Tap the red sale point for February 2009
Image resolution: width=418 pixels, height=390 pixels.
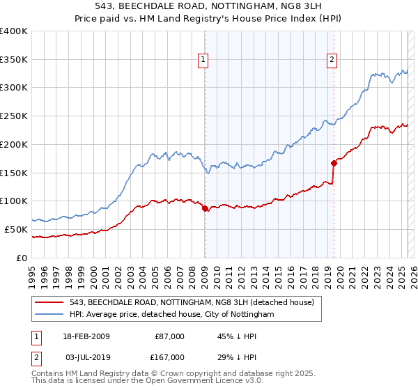coord(205,208)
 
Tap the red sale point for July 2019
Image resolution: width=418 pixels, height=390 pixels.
coord(334,163)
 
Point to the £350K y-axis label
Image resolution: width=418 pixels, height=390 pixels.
coord(14,60)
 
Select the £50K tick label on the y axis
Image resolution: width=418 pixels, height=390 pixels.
coord(17,229)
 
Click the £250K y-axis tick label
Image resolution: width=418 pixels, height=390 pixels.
coord(14,116)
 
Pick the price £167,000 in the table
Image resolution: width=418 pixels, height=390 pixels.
coord(169,357)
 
